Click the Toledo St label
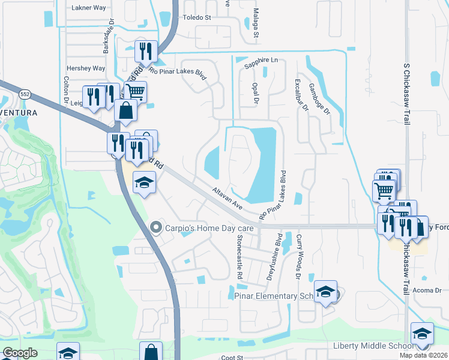click(197, 17)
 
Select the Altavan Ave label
click(227, 197)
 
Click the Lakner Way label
click(88, 8)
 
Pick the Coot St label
click(231, 357)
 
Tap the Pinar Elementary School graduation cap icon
click(325, 292)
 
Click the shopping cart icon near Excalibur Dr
click(384, 191)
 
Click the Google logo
click(20, 353)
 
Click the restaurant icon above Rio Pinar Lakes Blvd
click(145, 52)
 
